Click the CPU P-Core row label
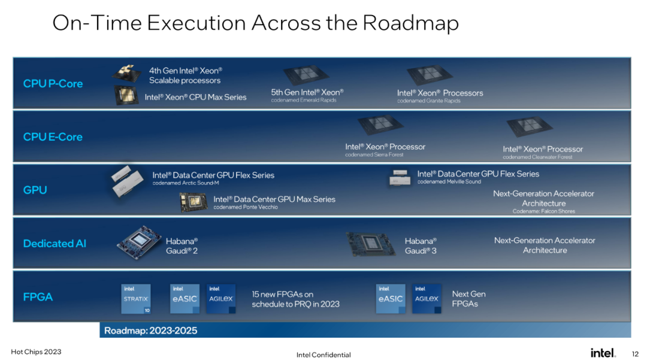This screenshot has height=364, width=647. click(x=53, y=84)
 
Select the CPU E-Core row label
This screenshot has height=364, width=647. click(x=53, y=137)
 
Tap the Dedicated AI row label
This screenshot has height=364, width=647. click(x=55, y=244)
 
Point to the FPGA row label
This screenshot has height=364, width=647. click(x=38, y=297)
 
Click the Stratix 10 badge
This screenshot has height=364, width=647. click(x=136, y=299)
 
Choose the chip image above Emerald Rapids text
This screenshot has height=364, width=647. click(x=306, y=76)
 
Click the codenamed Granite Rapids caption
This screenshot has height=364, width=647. click(x=429, y=101)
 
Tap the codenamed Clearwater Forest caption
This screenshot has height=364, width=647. click(x=537, y=157)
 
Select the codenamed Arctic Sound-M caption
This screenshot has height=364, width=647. click(x=185, y=183)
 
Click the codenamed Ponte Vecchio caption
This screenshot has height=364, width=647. click(x=246, y=207)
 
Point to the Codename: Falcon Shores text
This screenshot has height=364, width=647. click(x=543, y=211)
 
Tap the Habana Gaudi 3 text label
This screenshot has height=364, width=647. click(x=421, y=246)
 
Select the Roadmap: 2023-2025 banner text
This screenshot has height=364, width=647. click(x=150, y=330)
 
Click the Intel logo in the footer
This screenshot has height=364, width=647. click(x=603, y=353)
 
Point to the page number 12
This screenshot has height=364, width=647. click(x=635, y=354)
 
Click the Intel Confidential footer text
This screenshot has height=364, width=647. click(x=323, y=355)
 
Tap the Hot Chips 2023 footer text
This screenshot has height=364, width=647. click(x=36, y=351)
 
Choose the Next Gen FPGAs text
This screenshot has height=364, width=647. click(x=468, y=299)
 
